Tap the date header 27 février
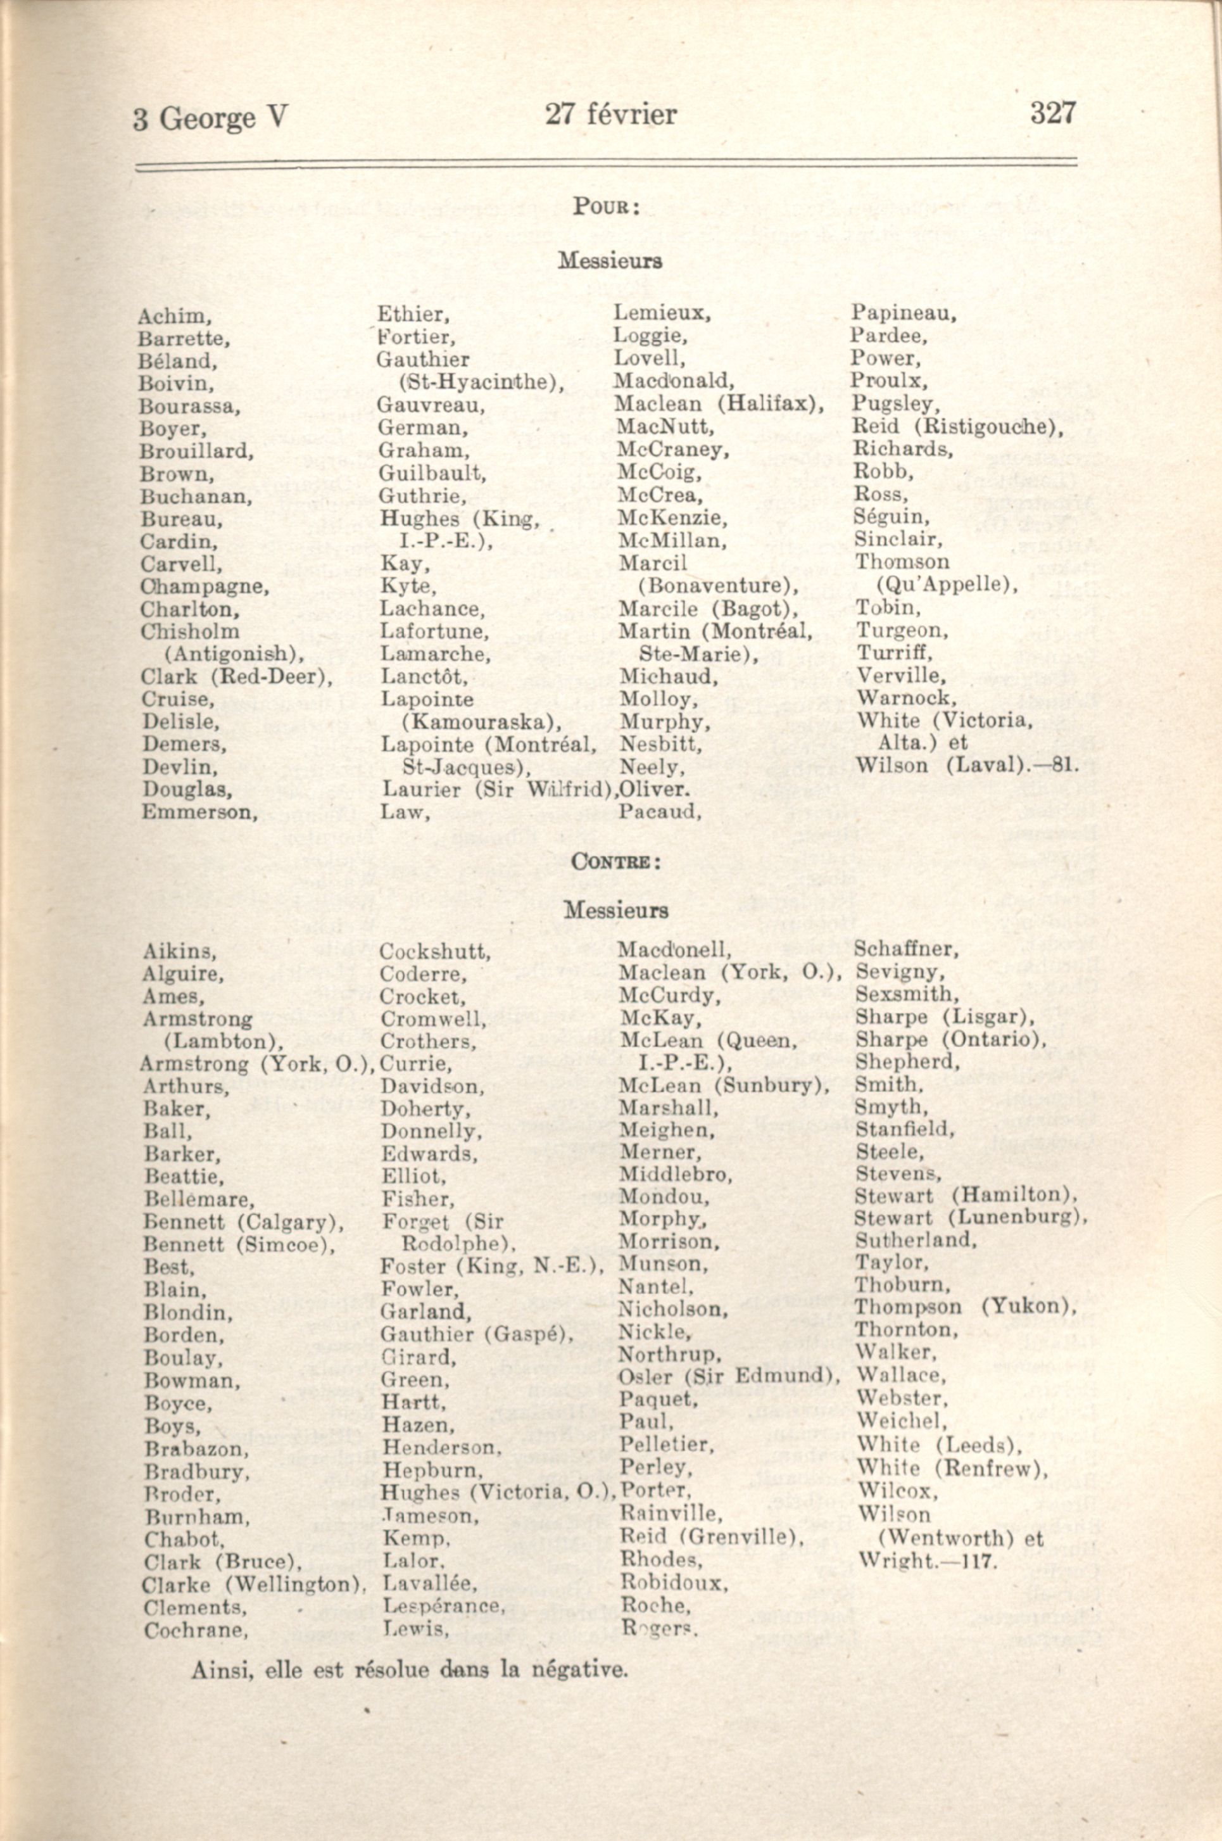pos(610,115)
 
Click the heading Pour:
pos(607,206)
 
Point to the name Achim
pos(173,317)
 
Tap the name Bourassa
pos(189,407)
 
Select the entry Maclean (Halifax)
pos(719,404)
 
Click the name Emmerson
pos(199,812)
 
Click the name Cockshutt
pos(434,952)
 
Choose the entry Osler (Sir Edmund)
pos(729,1376)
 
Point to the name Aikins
pos(179,952)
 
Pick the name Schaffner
pos(905,949)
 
